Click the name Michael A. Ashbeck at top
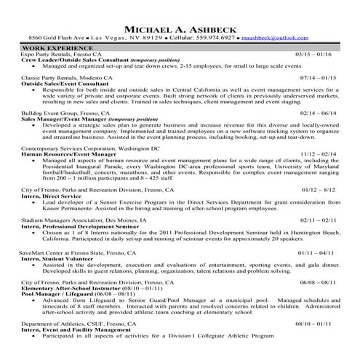180,28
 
